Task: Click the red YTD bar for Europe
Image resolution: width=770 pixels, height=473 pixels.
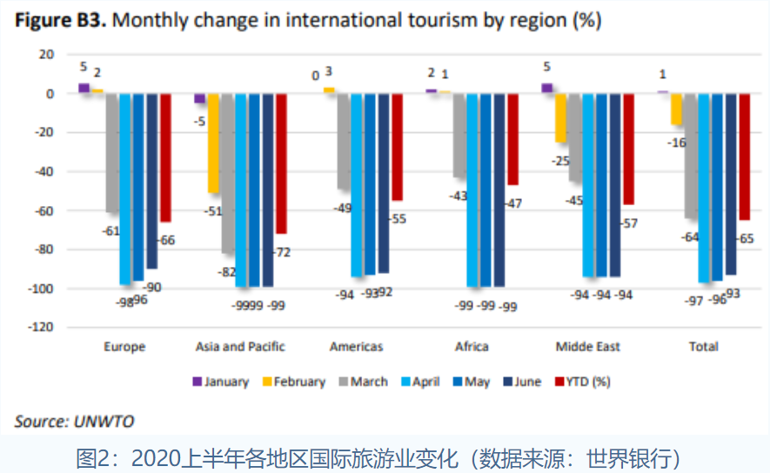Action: pyautogui.click(x=165, y=157)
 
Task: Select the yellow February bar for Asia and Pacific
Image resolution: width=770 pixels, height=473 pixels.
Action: pyautogui.click(x=213, y=143)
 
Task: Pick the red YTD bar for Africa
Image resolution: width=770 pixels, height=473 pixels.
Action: pyautogui.click(x=513, y=139)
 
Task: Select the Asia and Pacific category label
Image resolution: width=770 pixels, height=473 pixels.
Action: pyautogui.click(x=241, y=347)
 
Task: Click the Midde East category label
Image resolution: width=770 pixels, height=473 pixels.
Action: pyautogui.click(x=588, y=347)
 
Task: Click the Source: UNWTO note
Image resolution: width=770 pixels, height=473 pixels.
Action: pyautogui.click(x=74, y=422)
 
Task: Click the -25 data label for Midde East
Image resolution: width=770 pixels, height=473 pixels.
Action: pyautogui.click(x=559, y=161)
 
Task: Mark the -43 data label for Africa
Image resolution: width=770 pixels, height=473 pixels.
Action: pyautogui.click(x=458, y=197)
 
